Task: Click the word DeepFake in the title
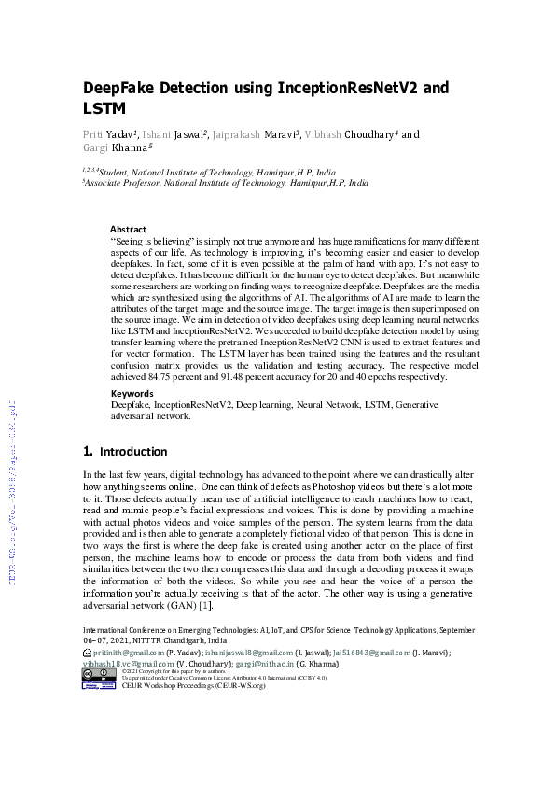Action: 121,90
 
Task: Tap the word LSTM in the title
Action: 104,110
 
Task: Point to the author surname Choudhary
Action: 371,135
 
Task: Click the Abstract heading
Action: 128,229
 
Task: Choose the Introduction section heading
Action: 132,452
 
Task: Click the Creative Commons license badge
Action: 98,673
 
